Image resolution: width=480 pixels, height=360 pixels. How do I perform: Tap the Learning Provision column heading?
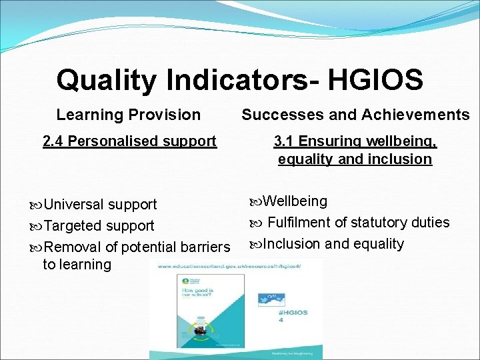pos(128,115)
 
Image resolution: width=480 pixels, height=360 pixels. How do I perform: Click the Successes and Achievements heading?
pos(355,115)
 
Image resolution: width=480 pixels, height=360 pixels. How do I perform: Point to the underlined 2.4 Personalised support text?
pos(129,141)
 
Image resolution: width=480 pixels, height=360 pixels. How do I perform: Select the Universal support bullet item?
pos(100,204)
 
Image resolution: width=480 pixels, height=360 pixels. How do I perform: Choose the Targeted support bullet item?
pos(99,225)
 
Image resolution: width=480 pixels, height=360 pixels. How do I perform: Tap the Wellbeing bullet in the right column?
pos(294,201)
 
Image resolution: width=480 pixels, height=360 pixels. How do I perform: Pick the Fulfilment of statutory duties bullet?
pos(357,223)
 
